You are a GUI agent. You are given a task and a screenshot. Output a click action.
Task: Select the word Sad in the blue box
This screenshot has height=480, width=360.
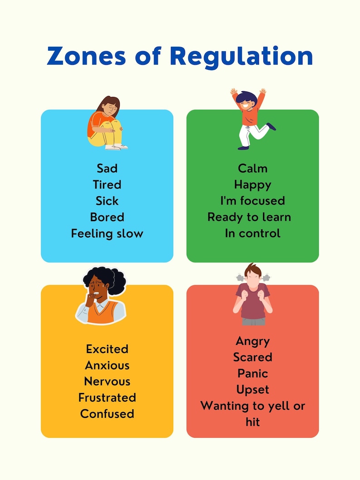tap(107, 169)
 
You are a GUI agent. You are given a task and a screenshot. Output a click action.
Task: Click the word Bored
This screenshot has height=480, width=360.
tap(107, 217)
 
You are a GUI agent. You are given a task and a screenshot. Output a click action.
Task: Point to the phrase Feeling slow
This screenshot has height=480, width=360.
tap(107, 233)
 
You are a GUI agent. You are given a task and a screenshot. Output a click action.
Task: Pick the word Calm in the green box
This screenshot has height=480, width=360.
tap(253, 169)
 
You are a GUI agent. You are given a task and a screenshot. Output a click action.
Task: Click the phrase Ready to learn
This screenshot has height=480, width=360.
tap(249, 217)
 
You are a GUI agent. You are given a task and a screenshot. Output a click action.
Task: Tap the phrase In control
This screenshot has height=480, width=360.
tap(253, 233)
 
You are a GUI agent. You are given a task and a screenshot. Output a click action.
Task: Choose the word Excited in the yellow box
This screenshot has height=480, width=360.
tap(107, 349)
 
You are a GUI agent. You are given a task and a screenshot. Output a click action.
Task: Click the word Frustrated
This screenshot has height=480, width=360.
tap(107, 398)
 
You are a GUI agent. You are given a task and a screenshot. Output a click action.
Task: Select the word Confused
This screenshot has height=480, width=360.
tap(107, 414)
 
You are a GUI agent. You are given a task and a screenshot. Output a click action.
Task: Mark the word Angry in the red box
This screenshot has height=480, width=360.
tap(253, 341)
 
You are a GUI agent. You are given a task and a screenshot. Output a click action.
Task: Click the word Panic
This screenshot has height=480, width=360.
tap(253, 373)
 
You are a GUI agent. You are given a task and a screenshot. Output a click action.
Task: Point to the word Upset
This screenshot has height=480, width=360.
tap(253, 390)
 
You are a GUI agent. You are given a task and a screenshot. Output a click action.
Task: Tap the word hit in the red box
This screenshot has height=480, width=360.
tap(253, 422)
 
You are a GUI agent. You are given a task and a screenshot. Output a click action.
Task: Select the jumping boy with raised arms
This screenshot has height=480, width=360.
tap(252, 119)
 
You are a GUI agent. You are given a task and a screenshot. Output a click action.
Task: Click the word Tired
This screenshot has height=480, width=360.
tap(107, 185)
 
